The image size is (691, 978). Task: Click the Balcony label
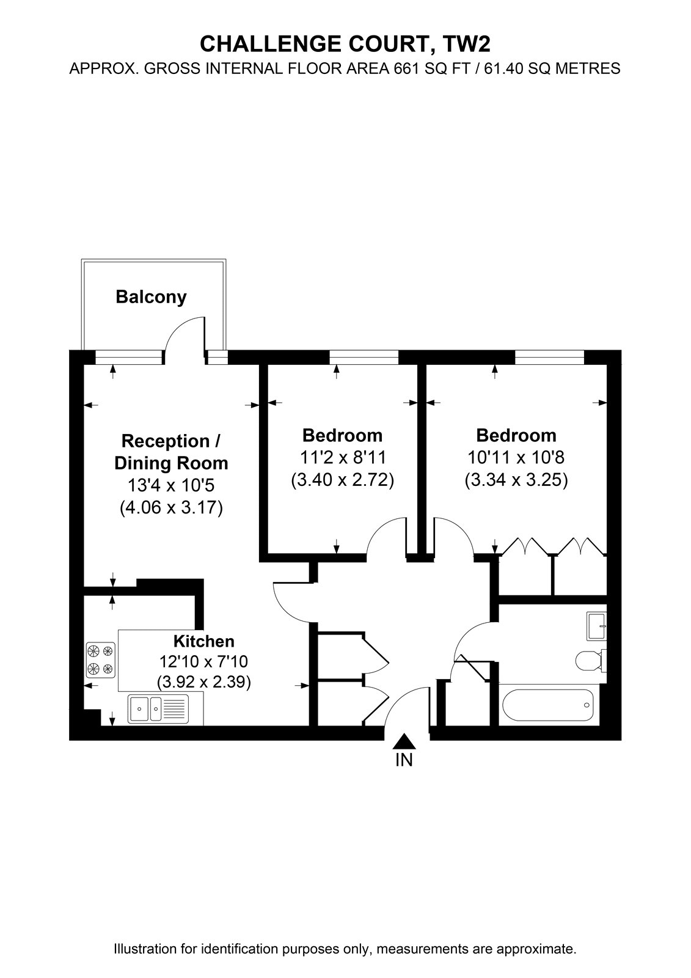pyautogui.click(x=151, y=297)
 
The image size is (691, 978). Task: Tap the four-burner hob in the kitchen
pyautogui.click(x=101, y=660)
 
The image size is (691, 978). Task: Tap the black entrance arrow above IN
pyautogui.click(x=404, y=741)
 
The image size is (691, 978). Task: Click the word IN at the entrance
pyautogui.click(x=404, y=760)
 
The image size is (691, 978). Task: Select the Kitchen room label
pyautogui.click(x=204, y=641)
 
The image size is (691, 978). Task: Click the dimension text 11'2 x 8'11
pyautogui.click(x=343, y=458)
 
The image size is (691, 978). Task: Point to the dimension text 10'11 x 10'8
pyautogui.click(x=516, y=458)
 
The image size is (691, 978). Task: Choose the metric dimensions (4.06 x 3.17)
pyautogui.click(x=171, y=507)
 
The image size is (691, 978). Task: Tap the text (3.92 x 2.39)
pyautogui.click(x=204, y=682)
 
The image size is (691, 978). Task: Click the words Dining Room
pyautogui.click(x=171, y=463)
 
